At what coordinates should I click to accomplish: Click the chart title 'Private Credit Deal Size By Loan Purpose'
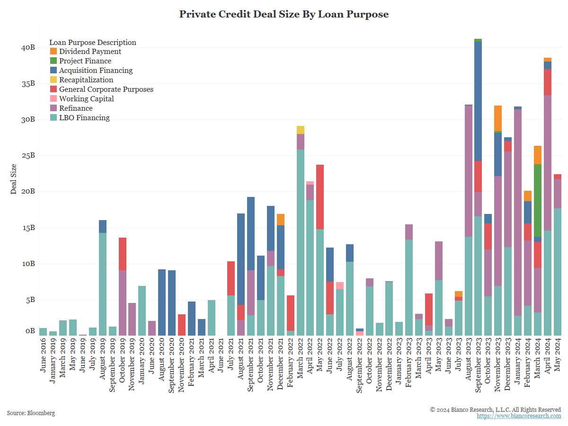(284, 14)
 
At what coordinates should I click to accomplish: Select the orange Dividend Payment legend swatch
(53, 52)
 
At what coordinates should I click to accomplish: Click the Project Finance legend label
(85, 61)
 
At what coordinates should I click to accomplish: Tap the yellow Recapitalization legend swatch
(53, 80)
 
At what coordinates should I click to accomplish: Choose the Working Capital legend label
(86, 99)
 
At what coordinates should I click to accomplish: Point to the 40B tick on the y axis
(28, 48)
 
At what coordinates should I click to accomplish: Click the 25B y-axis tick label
(28, 156)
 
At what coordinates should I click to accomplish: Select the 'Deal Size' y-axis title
(13, 179)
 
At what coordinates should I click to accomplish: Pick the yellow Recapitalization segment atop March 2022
(301, 130)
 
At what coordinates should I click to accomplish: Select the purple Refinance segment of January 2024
(518, 213)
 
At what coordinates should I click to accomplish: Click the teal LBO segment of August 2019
(102, 284)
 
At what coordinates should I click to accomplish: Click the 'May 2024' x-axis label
(558, 355)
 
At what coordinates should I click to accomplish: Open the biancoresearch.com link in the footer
(519, 416)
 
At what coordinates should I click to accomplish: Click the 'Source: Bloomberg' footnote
(31, 413)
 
